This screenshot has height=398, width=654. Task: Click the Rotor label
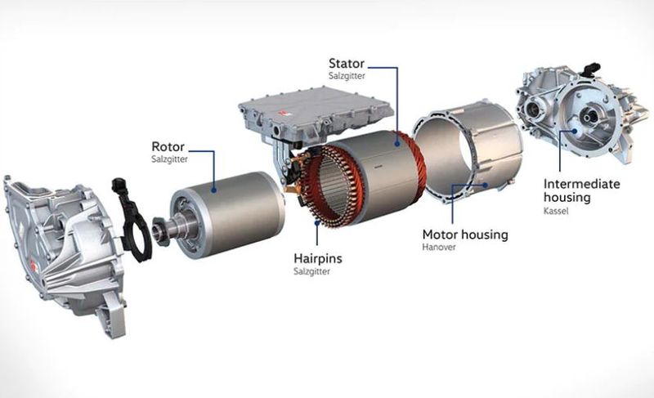coord(168,147)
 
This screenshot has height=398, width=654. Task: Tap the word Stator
coord(347,64)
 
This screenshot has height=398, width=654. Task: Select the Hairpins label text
coord(318,258)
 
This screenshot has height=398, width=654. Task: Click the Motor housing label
coord(465,235)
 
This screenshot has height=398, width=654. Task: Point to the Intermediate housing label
coord(582,190)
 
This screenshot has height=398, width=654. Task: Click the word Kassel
coord(556,211)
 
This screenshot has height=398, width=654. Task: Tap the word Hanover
coord(439,247)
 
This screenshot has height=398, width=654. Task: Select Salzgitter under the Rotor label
coord(169,159)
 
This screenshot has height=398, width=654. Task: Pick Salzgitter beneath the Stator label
coord(347,76)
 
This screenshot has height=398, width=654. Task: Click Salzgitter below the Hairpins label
coord(311,271)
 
